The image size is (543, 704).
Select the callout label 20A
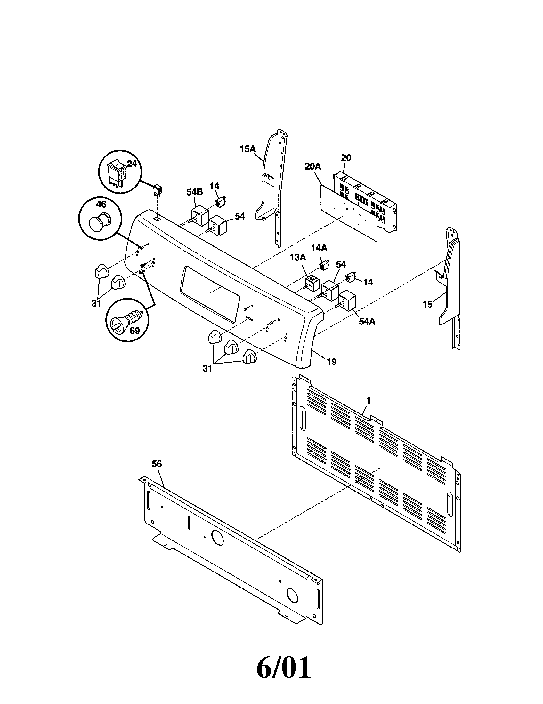pos(313,167)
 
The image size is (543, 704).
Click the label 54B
pos(194,192)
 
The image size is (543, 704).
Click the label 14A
pos(319,248)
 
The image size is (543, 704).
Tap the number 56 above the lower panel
pos(157,464)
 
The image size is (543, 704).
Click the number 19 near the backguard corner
pos(331,362)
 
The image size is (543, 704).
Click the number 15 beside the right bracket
pos(427,304)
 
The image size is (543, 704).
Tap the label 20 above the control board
pos(346,158)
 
